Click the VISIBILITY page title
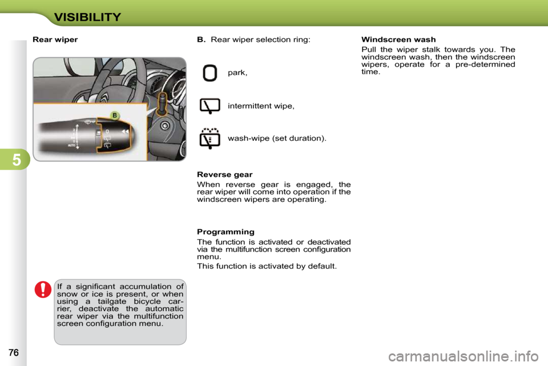click(87, 17)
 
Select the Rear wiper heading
click(55, 39)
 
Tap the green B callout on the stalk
click(115, 115)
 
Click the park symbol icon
click(209, 73)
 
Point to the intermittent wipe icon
click(209, 106)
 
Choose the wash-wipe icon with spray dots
click(209, 138)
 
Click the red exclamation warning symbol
click(43, 289)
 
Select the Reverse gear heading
click(225, 174)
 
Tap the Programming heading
click(226, 232)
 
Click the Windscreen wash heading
click(398, 39)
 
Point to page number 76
click(14, 353)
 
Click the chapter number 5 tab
click(17, 160)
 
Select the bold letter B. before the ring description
click(202, 39)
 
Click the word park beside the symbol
click(237, 73)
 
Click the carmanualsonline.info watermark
click(464, 356)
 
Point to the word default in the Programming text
click(321, 266)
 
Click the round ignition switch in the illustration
click(165, 125)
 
